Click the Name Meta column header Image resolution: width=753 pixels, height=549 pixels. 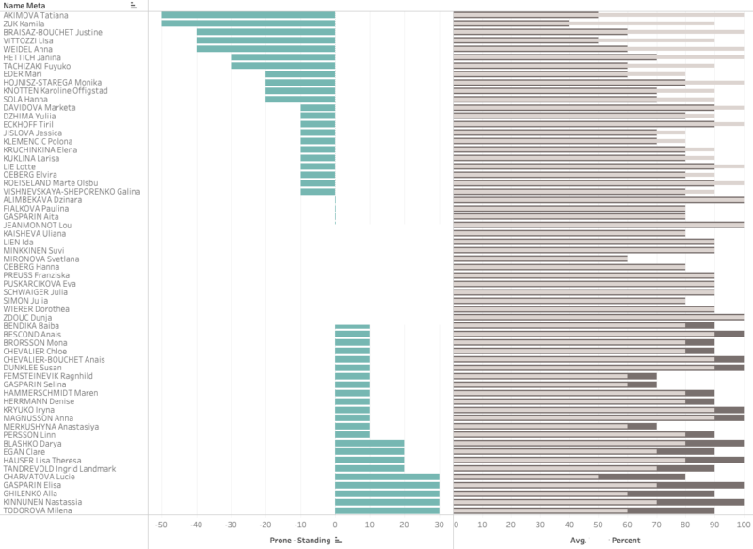[24, 5]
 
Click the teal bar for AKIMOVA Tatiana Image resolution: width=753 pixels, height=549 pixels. [248, 15]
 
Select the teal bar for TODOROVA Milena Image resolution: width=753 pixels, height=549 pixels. [387, 510]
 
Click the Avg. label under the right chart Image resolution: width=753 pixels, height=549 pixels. [579, 541]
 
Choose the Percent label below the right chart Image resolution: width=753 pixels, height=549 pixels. [627, 541]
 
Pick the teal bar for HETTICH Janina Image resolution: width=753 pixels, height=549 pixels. [283, 56]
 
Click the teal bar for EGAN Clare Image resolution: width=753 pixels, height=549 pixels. [370, 451]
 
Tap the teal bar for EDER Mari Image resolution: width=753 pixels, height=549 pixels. [300, 73]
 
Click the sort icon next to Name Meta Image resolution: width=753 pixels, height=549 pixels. [134, 5]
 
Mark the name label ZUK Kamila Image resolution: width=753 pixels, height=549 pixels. [24, 24]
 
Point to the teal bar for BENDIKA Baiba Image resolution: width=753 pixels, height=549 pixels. [353, 325]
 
